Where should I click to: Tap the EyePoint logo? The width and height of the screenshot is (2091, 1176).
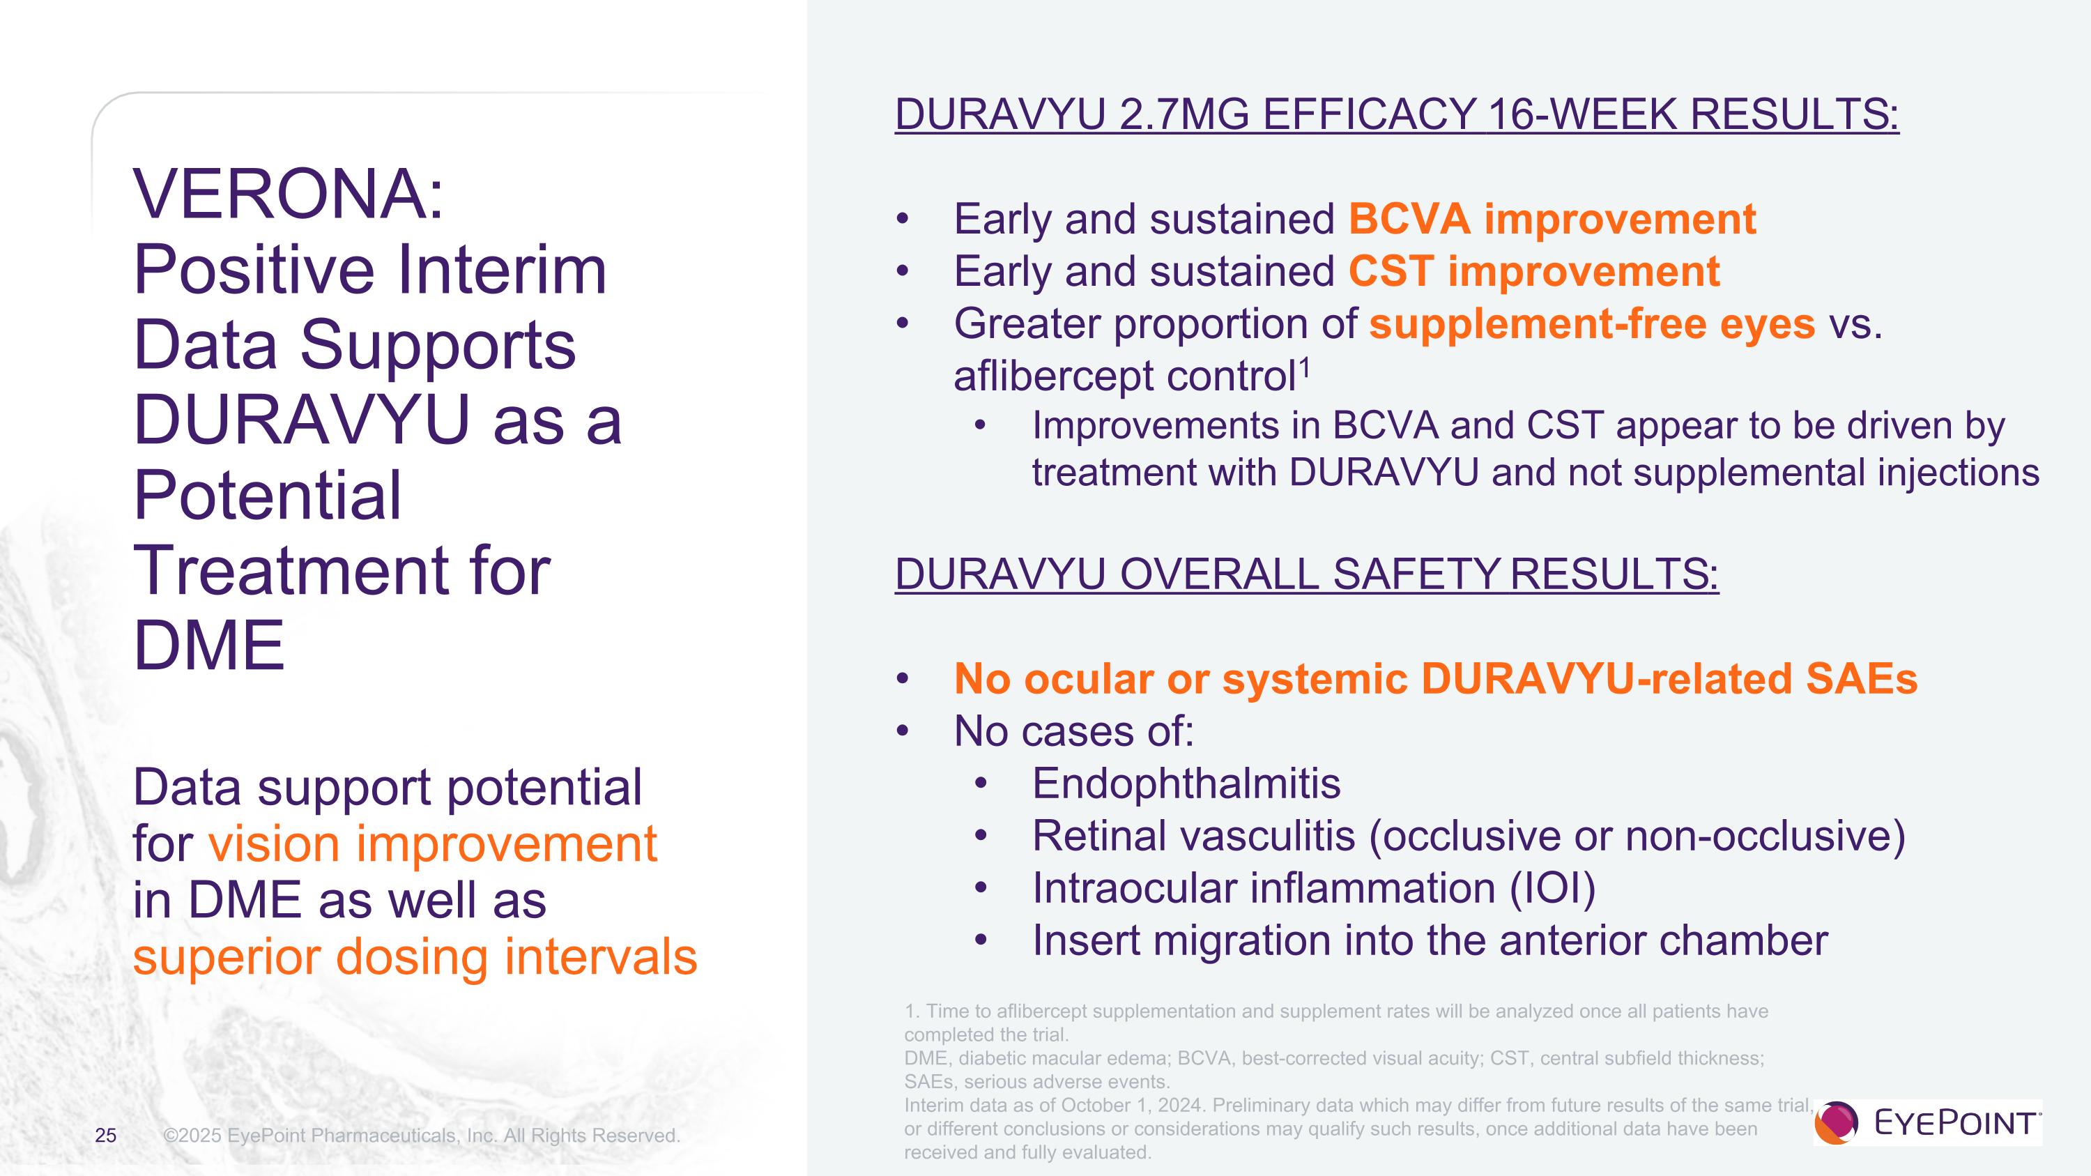click(1928, 1122)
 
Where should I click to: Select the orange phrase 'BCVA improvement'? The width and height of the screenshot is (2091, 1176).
click(1552, 219)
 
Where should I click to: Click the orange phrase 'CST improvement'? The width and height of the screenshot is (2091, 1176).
click(1534, 271)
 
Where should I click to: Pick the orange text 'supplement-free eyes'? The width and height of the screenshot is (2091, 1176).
click(1592, 324)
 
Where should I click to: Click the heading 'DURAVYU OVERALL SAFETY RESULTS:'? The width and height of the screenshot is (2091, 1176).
click(1307, 574)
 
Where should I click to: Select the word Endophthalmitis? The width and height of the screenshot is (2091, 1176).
click(1186, 784)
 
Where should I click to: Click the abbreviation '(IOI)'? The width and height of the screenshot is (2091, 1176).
click(1553, 888)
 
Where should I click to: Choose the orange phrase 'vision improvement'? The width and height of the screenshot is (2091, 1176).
click(433, 844)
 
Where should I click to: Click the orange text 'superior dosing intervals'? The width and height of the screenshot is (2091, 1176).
click(415, 957)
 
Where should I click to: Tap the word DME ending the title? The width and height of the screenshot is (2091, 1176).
click(208, 646)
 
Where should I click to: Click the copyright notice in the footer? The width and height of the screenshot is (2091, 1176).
click(421, 1136)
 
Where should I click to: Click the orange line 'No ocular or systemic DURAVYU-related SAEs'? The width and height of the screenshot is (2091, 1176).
click(1435, 679)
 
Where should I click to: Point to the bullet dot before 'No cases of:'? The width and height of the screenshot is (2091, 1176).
click(903, 732)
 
